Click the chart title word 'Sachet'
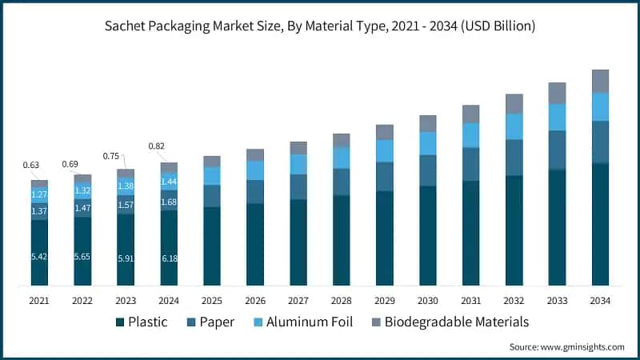127,26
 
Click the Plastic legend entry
145,322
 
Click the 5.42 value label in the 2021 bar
39,258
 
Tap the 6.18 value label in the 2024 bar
169,258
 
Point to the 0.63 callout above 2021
31,166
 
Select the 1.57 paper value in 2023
126,205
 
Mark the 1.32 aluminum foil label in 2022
82,190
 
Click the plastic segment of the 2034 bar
600,224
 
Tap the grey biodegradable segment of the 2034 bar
600,81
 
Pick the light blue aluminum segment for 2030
428,143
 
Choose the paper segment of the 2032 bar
514,158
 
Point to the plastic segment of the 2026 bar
255,244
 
